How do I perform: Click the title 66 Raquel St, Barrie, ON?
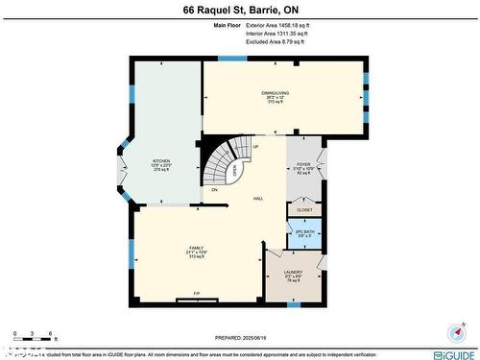tap(239, 11)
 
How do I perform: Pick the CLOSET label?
tap(304, 209)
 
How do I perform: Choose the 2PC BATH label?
tap(303, 231)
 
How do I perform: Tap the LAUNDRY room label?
tap(293, 274)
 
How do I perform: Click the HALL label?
tap(258, 198)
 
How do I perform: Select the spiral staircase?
tap(228, 159)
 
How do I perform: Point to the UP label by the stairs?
tap(255, 147)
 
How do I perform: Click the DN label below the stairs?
tap(214, 189)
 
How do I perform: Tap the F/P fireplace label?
tap(197, 293)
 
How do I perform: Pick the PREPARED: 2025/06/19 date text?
tap(239, 338)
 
